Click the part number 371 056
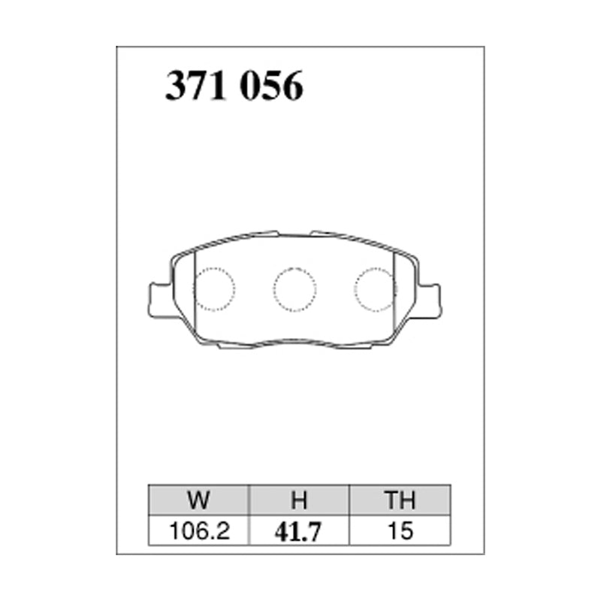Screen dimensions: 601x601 234,86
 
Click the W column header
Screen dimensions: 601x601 198,500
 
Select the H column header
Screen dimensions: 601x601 299,500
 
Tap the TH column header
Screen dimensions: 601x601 400,500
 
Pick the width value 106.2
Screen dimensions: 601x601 199,531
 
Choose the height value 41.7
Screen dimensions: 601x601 297,532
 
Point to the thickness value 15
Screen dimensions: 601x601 400,531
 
